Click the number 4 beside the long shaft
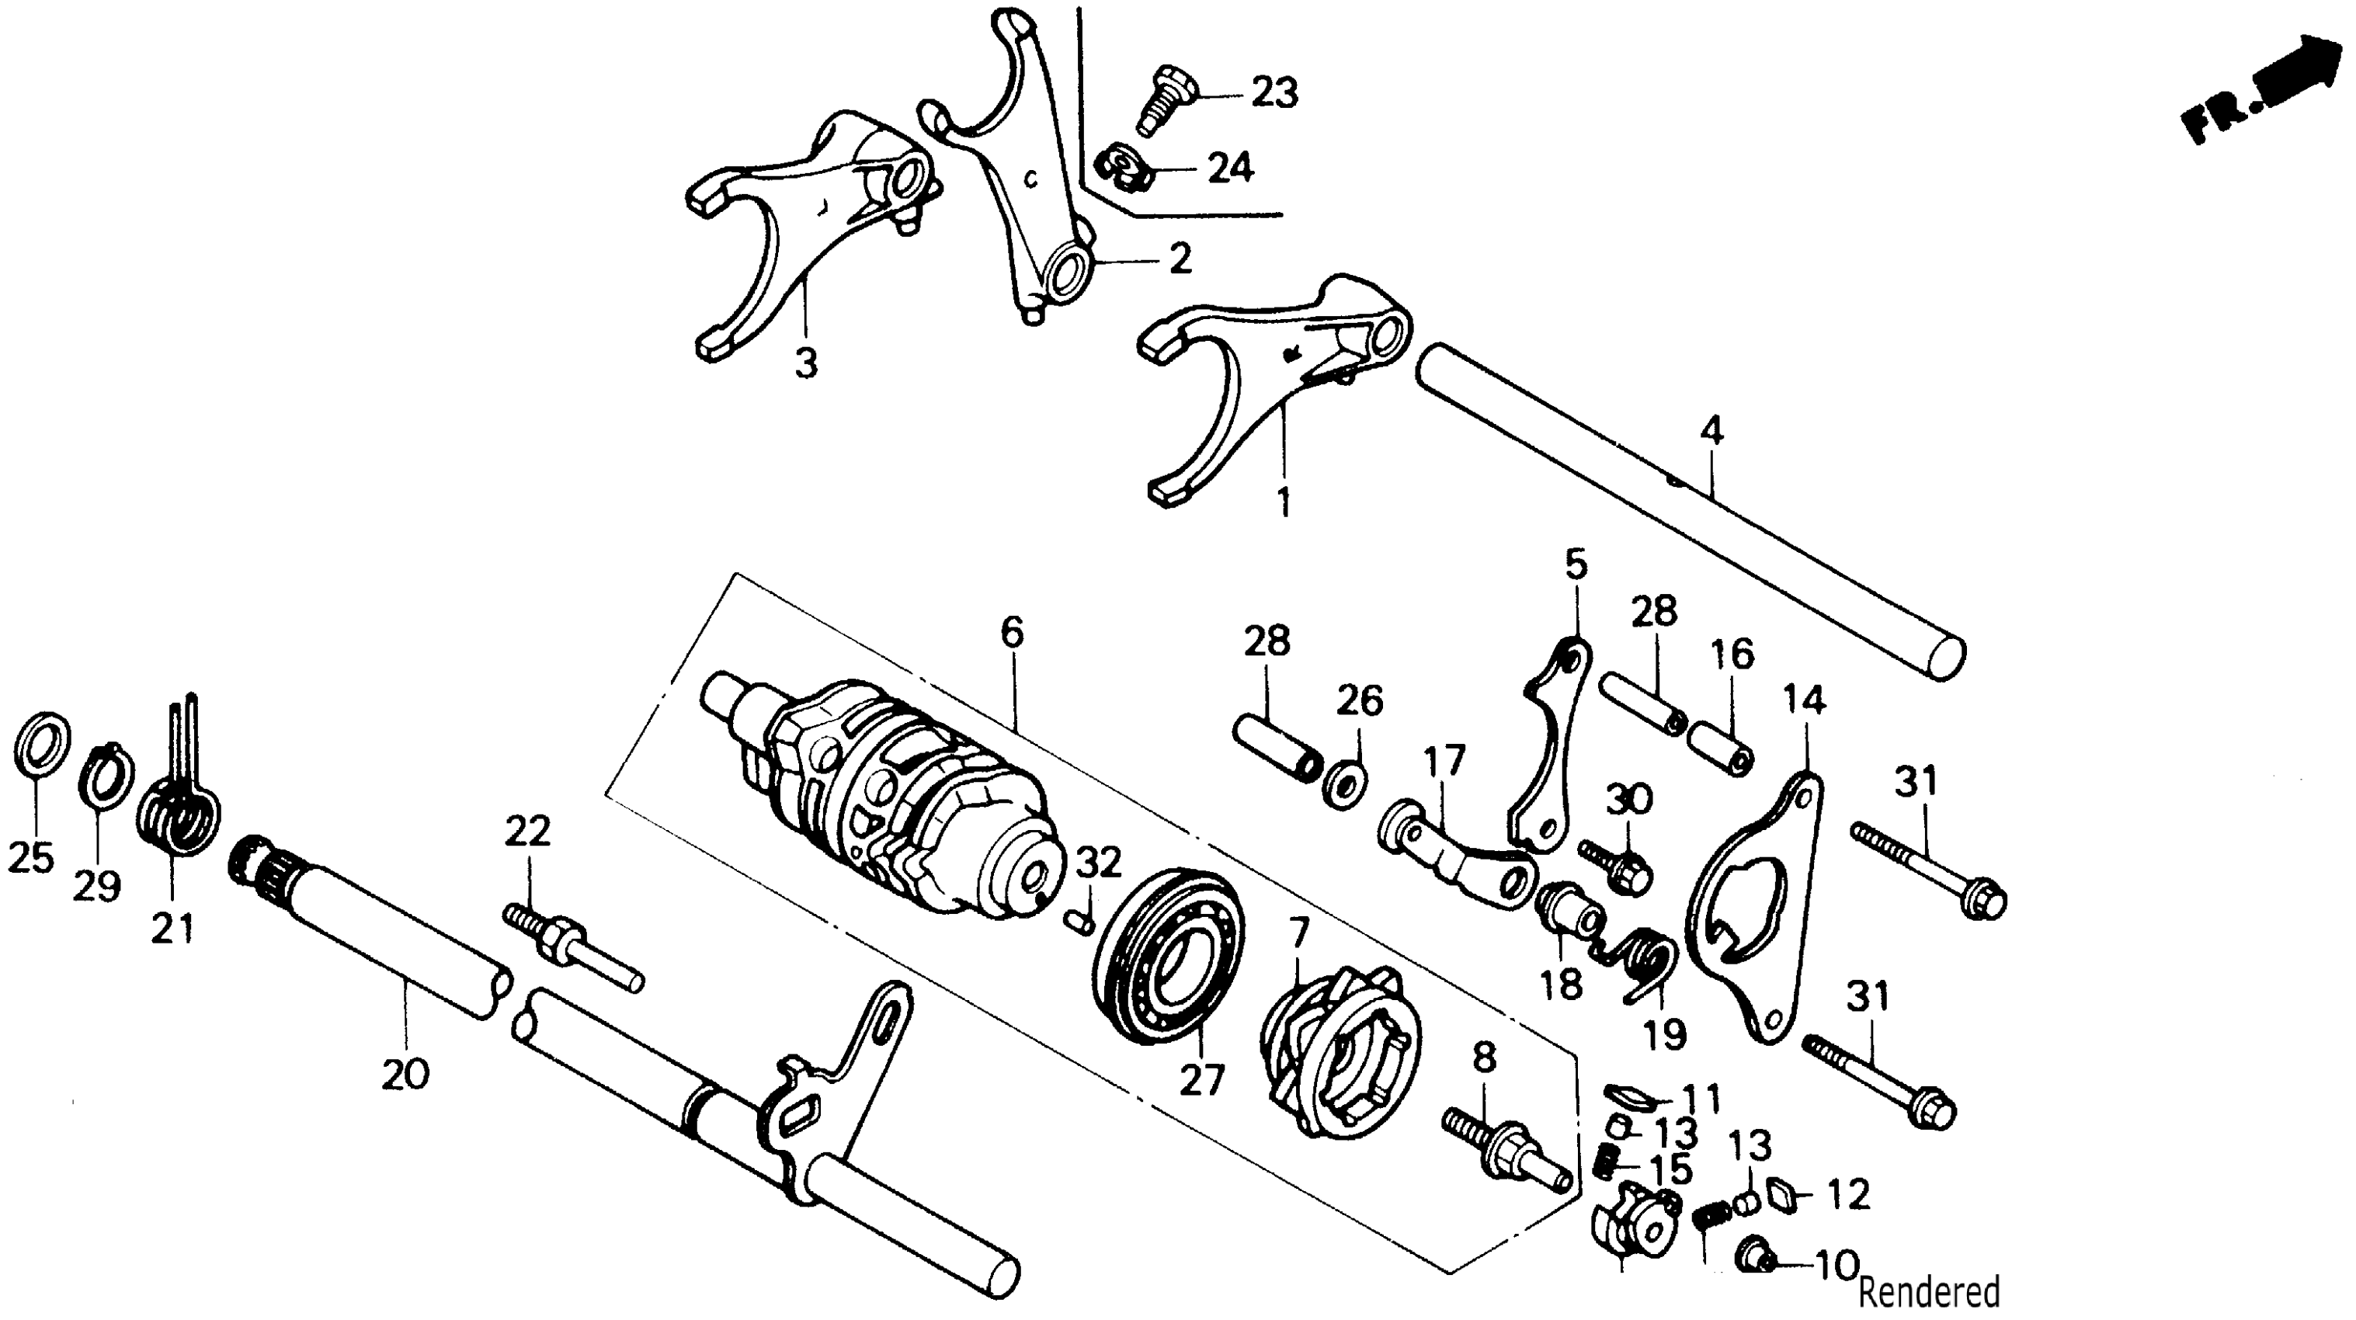coord(1711,430)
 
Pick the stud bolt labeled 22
coord(569,946)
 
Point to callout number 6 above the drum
coord(1012,632)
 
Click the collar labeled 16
coord(1720,749)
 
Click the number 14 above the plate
coord(1804,700)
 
